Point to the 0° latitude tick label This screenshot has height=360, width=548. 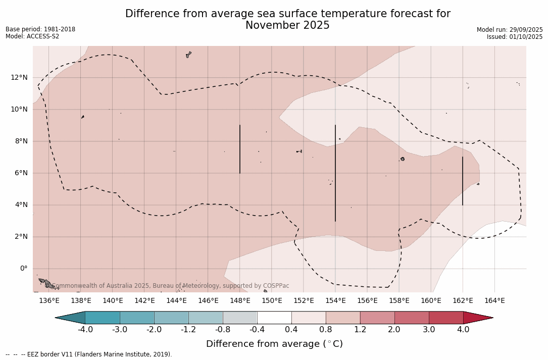tap(23, 269)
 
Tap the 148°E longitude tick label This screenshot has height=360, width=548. tap(240, 301)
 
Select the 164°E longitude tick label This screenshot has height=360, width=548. tap(494, 301)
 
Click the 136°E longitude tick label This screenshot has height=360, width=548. tap(49, 301)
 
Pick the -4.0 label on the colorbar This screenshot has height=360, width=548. tap(85, 330)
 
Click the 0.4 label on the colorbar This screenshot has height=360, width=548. tap(291, 330)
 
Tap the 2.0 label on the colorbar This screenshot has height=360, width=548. tap(394, 330)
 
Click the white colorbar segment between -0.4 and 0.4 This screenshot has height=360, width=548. tap(274, 318)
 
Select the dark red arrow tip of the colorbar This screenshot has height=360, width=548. tap(477, 318)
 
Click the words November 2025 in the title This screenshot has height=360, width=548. tap(287, 26)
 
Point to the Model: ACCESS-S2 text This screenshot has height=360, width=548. tap(32, 36)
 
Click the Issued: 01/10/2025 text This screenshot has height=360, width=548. tap(514, 37)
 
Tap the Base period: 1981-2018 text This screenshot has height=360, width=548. tap(40, 29)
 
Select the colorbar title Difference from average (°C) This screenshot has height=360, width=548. tap(274, 344)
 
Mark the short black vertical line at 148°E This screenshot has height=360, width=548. tap(240, 149)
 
